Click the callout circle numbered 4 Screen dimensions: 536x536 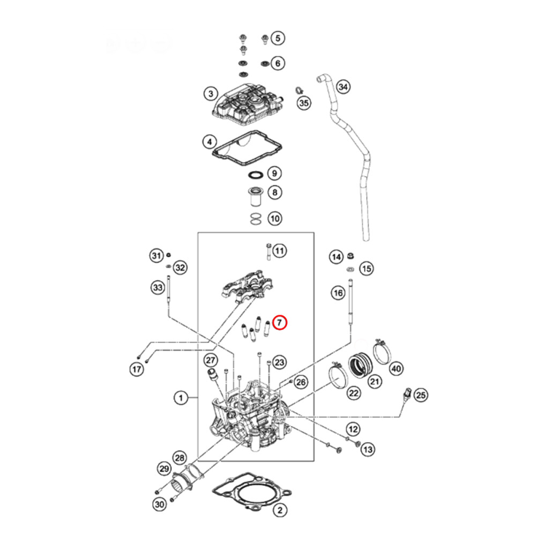coord(210,143)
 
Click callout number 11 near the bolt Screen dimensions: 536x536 coord(280,250)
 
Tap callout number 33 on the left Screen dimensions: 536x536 coord(157,288)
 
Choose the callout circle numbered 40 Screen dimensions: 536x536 coord(396,368)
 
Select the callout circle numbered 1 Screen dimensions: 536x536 coord(181,398)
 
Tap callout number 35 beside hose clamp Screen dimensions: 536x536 coord(304,103)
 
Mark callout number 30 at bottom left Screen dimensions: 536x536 coord(160,504)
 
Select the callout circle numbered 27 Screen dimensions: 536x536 coord(210,360)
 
